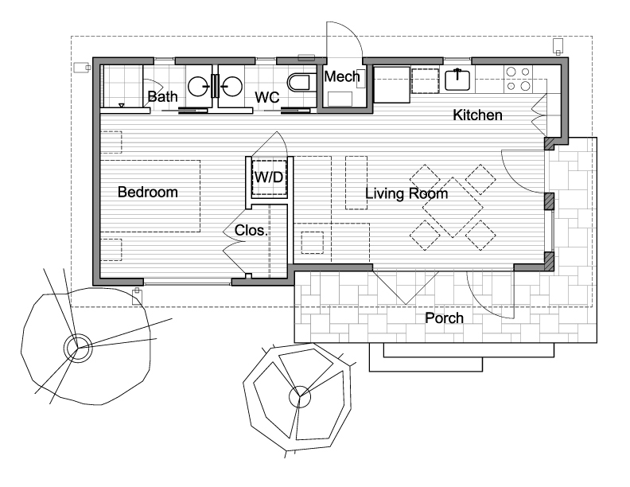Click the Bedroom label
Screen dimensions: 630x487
click(x=148, y=192)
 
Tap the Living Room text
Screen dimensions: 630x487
click(x=406, y=193)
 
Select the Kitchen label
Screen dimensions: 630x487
click(x=477, y=115)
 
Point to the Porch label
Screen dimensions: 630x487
click(x=445, y=318)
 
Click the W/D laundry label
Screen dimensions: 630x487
click(x=269, y=177)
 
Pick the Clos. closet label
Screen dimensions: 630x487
click(x=251, y=231)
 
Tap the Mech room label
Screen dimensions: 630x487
click(x=342, y=76)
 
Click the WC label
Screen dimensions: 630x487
click(x=267, y=97)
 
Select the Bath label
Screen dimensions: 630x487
click(x=163, y=96)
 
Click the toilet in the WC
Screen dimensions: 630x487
click(x=299, y=83)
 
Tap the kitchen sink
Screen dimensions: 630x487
click(x=457, y=80)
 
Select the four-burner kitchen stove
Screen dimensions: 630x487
click(x=518, y=79)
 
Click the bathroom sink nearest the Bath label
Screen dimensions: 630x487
click(x=199, y=87)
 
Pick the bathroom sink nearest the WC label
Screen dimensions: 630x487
click(x=232, y=87)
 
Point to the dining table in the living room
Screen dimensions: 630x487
click(x=453, y=208)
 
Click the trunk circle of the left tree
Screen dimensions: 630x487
click(x=78, y=348)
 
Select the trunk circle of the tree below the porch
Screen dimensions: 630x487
click(x=300, y=397)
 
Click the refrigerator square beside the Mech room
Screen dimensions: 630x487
click(x=391, y=85)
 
